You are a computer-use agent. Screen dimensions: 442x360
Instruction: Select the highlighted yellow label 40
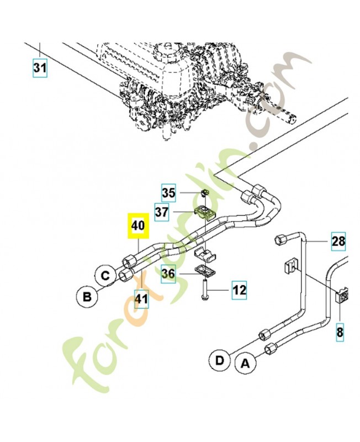(136, 226)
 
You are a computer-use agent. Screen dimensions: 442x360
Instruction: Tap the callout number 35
(168, 193)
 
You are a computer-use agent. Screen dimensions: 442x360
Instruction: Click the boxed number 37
(162, 212)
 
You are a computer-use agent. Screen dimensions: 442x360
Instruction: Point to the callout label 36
(168, 273)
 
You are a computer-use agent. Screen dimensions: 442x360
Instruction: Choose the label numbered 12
(239, 288)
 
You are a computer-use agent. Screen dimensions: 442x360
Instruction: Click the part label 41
(142, 300)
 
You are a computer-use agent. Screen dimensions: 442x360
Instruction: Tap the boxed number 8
(340, 332)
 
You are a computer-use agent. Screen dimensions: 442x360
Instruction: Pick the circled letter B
(86, 298)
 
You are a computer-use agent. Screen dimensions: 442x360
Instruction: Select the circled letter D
(219, 361)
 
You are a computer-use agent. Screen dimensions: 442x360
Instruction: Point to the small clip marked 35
(205, 193)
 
